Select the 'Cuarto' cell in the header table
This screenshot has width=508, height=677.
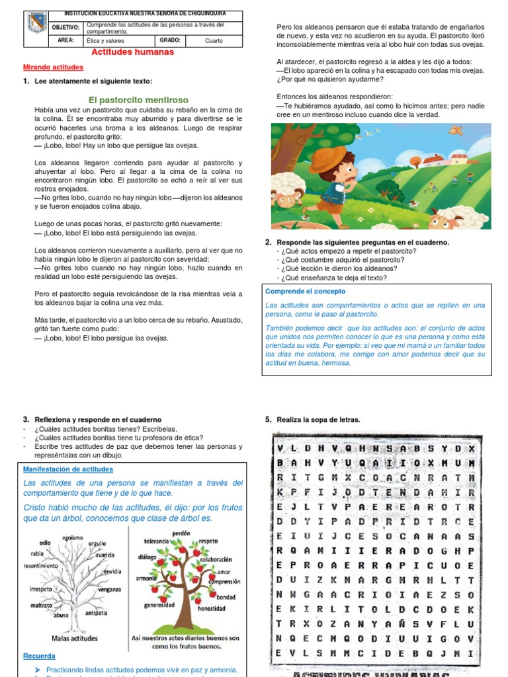tap(214, 40)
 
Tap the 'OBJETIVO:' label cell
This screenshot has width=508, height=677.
tap(65, 28)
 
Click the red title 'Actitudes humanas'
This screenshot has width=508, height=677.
tap(132, 52)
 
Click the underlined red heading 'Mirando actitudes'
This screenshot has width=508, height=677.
tap(53, 67)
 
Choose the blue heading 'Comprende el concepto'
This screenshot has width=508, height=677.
tap(305, 291)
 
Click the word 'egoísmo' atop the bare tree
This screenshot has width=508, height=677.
tap(73, 538)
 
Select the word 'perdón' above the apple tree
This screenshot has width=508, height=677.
tap(181, 534)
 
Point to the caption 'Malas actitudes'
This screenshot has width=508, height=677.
tap(75, 638)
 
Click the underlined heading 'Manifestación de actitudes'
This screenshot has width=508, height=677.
tap(67, 469)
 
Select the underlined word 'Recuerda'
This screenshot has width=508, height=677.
tap(39, 657)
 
